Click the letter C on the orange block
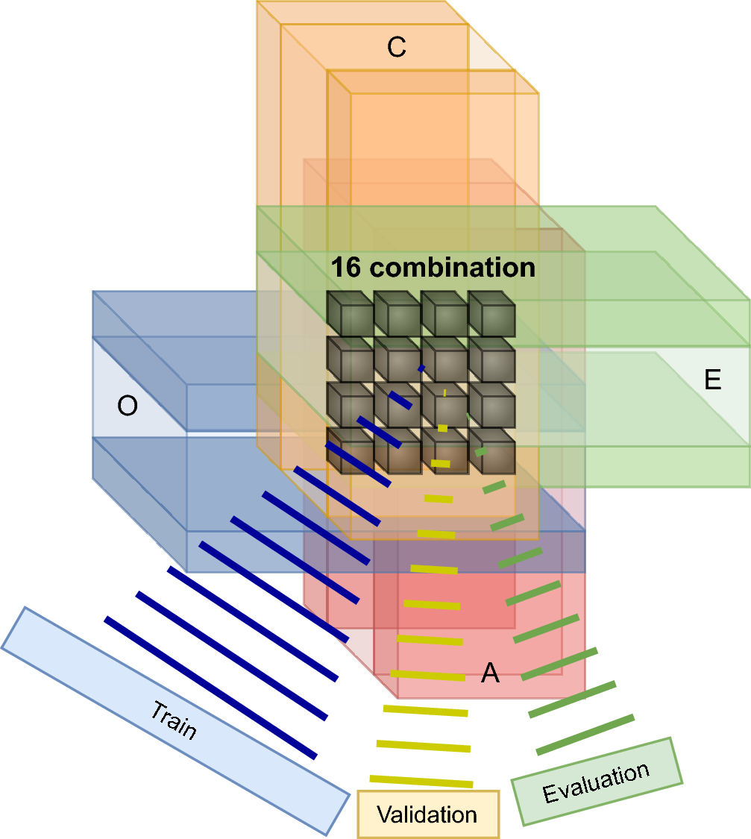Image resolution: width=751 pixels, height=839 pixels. pyautogui.click(x=396, y=48)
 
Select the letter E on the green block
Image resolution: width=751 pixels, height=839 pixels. pyautogui.click(x=712, y=380)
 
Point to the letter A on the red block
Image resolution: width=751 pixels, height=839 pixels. pyautogui.click(x=489, y=673)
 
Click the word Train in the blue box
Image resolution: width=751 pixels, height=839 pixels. pyautogui.click(x=174, y=720)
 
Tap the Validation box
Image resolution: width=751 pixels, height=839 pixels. pyautogui.click(x=427, y=814)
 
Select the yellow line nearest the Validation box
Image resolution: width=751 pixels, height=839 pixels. pyautogui.click(x=421, y=781)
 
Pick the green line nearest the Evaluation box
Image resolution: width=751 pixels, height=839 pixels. pyautogui.click(x=585, y=735)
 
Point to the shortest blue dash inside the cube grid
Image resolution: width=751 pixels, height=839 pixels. pyautogui.click(x=421, y=368)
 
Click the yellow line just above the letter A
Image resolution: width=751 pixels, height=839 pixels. pyautogui.click(x=427, y=675)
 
